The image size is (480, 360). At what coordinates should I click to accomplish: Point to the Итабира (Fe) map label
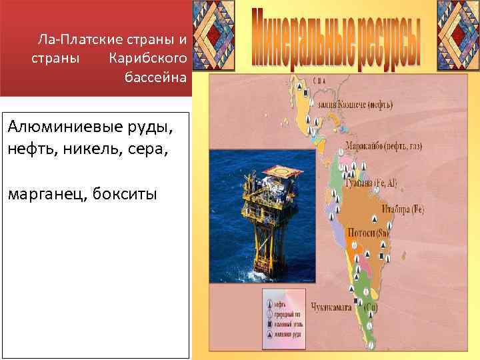pos(402,209)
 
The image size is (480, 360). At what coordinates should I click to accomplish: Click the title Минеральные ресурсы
pos(337,40)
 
